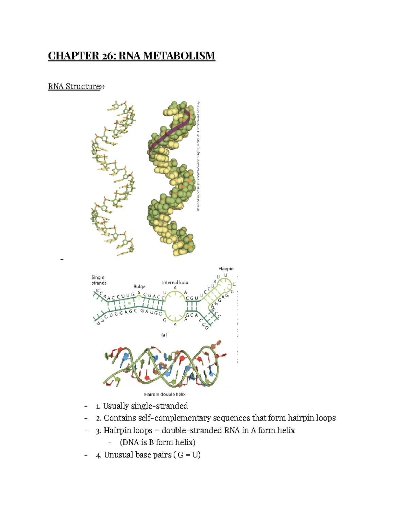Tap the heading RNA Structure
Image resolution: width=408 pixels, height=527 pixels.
point(74,87)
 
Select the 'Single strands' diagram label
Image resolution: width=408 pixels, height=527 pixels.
point(99,280)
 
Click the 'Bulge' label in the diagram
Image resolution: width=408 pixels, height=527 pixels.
point(139,287)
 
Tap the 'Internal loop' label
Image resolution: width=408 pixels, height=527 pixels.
point(175,282)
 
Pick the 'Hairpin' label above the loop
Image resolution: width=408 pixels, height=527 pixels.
point(226,269)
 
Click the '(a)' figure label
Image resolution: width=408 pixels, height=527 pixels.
point(164,335)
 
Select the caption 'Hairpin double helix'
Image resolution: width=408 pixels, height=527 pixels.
point(165,394)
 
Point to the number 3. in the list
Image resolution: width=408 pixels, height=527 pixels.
point(99,431)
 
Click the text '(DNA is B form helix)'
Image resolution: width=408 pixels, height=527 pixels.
point(157,443)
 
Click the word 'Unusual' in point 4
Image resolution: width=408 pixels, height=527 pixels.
point(118,455)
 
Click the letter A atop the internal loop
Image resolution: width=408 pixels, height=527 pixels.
point(175,288)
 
